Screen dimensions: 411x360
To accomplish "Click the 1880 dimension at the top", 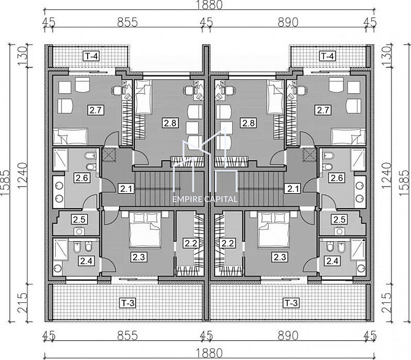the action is (209, 4).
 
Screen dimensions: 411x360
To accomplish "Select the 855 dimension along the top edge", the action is (128, 23).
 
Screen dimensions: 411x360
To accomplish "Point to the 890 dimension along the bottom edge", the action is (288, 335).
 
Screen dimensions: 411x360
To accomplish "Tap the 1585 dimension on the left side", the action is (6, 183).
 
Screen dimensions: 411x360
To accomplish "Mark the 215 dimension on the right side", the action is (386, 302).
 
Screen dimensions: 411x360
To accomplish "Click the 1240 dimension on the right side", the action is (386, 175).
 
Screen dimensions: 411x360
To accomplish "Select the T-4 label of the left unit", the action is (91, 56).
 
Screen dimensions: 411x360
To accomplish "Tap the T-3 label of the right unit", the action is (291, 303).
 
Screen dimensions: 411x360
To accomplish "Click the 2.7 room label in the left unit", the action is (96, 110).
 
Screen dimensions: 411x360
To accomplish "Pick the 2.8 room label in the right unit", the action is (248, 123).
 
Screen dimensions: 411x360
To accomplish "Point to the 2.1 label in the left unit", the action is (126, 189).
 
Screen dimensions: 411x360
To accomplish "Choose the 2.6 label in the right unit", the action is (337, 178).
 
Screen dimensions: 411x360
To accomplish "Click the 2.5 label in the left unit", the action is (79, 220).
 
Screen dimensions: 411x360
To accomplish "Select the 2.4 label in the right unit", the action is (332, 261).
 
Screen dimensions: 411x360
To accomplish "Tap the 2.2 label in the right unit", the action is (228, 243).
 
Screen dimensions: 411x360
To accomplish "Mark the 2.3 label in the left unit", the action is (139, 257).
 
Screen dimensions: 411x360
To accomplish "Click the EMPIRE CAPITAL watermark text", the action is (205, 199).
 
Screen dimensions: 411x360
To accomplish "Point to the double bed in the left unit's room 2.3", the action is (145, 230).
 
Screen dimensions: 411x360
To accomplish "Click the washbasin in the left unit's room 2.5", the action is (79, 231).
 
